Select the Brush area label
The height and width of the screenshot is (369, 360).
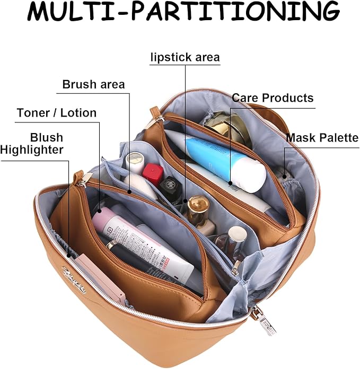[93, 84]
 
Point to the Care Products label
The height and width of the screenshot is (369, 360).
[273, 98]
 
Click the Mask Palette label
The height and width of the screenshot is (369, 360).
[322, 138]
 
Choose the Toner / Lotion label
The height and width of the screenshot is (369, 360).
[57, 112]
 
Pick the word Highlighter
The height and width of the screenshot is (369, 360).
[32, 150]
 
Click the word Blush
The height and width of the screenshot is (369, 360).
[47, 137]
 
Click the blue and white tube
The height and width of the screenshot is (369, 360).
[223, 159]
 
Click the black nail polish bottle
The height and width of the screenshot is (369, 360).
[171, 188]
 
